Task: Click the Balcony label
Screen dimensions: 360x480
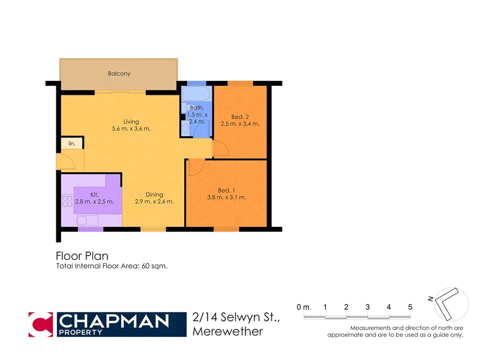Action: click(119, 74)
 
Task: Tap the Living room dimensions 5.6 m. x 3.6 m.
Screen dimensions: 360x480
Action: click(131, 128)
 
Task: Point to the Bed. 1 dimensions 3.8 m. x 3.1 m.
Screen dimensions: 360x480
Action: click(227, 197)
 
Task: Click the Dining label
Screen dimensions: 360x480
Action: click(155, 194)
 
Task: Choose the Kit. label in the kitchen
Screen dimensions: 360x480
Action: click(94, 194)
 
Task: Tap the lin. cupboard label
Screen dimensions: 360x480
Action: click(72, 143)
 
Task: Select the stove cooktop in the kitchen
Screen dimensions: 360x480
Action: click(67, 201)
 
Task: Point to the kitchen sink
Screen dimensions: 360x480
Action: click(84, 220)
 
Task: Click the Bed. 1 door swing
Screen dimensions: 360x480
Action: click(194, 168)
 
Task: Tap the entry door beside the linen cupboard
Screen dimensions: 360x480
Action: click(65, 161)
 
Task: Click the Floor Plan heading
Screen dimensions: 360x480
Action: click(82, 256)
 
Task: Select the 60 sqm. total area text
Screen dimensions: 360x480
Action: click(154, 266)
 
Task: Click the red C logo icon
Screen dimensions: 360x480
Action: click(41, 324)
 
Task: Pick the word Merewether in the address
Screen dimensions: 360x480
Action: click(227, 331)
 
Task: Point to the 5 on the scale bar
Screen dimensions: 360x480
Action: click(410, 307)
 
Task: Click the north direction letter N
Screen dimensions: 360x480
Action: click(431, 298)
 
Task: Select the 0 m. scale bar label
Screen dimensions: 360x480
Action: click(304, 307)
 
